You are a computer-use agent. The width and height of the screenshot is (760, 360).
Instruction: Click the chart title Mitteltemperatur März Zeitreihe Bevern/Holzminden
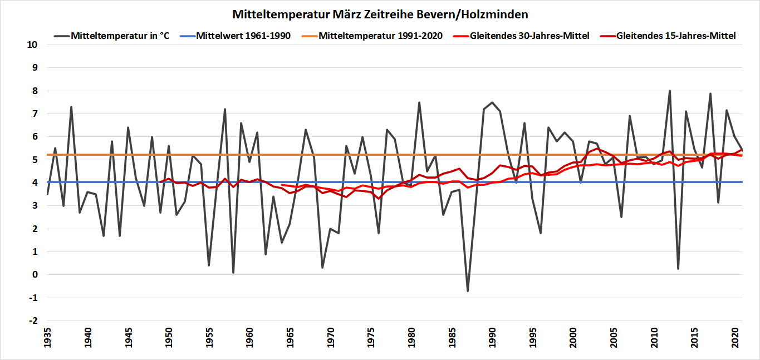point(380,13)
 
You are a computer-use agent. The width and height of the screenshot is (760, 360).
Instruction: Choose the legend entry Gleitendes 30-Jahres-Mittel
point(529,36)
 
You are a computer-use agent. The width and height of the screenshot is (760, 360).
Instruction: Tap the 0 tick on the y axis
point(35,275)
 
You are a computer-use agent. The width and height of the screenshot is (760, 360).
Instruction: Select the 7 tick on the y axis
point(35,114)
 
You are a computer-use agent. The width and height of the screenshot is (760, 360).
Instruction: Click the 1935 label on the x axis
point(47,339)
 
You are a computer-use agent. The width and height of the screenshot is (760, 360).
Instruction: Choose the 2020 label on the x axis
point(734,339)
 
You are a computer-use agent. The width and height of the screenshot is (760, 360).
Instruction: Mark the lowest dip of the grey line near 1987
point(468,290)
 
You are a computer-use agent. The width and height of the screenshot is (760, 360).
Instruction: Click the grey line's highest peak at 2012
point(670,91)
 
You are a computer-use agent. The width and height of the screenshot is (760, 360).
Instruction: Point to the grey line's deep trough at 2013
point(678,269)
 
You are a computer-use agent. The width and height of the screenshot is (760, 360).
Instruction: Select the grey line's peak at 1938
point(71,107)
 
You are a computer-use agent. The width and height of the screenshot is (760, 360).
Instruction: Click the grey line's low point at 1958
point(233,272)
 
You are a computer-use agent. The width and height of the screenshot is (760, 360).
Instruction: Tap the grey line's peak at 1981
point(419,102)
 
